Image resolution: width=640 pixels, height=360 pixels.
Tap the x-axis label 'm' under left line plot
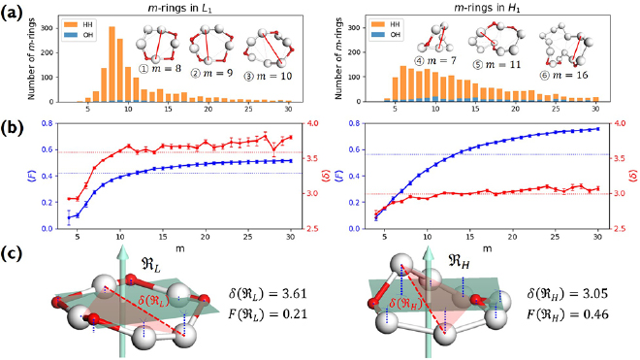[x=181, y=245]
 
